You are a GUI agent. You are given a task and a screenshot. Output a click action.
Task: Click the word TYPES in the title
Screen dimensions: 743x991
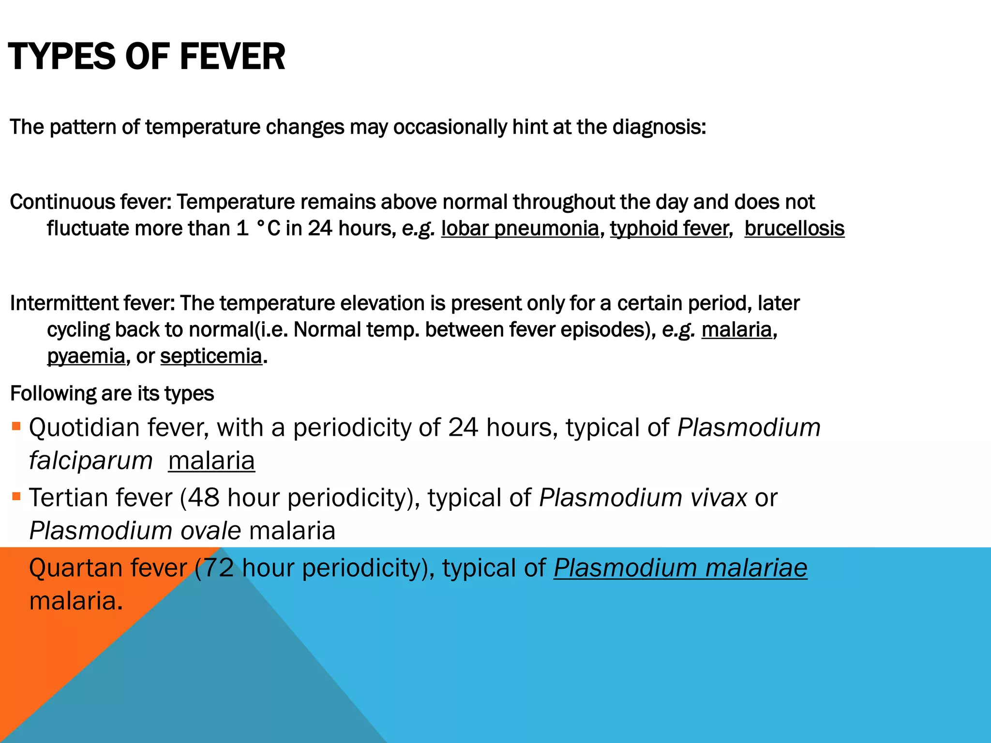point(62,57)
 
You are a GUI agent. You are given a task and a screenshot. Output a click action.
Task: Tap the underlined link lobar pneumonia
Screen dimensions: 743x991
point(520,228)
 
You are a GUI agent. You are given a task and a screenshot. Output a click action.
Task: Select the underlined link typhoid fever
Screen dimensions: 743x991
point(669,228)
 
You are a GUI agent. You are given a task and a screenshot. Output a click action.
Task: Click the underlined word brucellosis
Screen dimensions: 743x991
point(794,228)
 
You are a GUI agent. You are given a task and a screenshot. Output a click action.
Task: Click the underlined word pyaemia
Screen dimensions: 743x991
point(86,357)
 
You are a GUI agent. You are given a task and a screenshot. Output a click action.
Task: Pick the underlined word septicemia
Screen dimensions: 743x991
point(211,357)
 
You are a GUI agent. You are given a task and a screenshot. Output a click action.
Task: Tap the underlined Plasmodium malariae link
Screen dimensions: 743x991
point(680,568)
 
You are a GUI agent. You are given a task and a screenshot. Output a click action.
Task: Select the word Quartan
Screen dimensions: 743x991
point(74,568)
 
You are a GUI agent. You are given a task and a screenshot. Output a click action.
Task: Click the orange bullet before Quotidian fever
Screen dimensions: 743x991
point(16,426)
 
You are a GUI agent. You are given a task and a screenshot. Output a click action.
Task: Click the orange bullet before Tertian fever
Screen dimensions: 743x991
point(16,496)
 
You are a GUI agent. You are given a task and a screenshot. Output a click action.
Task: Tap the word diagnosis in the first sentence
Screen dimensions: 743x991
point(659,127)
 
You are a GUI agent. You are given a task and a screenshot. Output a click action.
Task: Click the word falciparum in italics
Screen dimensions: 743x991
point(91,461)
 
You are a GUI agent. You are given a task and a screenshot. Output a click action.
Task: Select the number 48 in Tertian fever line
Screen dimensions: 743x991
point(204,498)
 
